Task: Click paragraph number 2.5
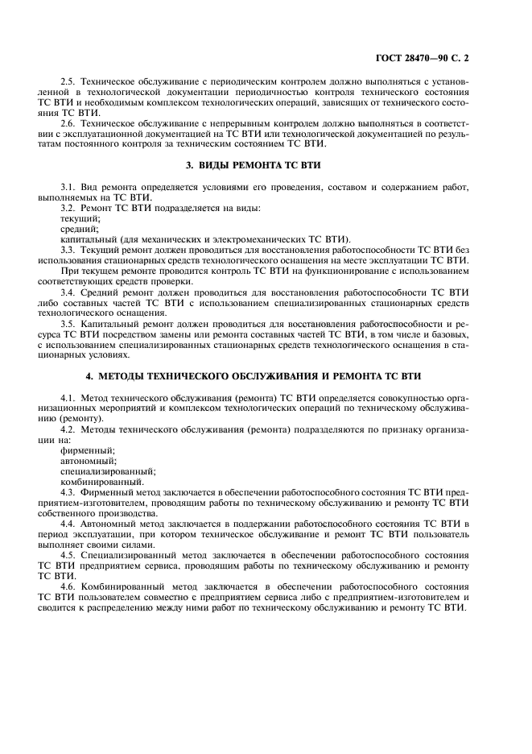pyautogui.click(x=68, y=82)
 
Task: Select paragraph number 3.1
pyautogui.click(x=68, y=187)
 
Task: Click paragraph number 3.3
pyautogui.click(x=68, y=250)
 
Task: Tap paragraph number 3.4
pyautogui.click(x=68, y=292)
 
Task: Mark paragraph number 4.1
pyautogui.click(x=68, y=398)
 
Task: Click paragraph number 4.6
pyautogui.click(x=68, y=587)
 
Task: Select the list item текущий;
pyautogui.click(x=80, y=218)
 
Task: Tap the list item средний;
pyautogui.click(x=79, y=229)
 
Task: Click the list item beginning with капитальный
pyautogui.click(x=205, y=239)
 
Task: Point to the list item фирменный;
pyautogui.click(x=87, y=450)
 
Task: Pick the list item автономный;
pyautogui.click(x=88, y=461)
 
